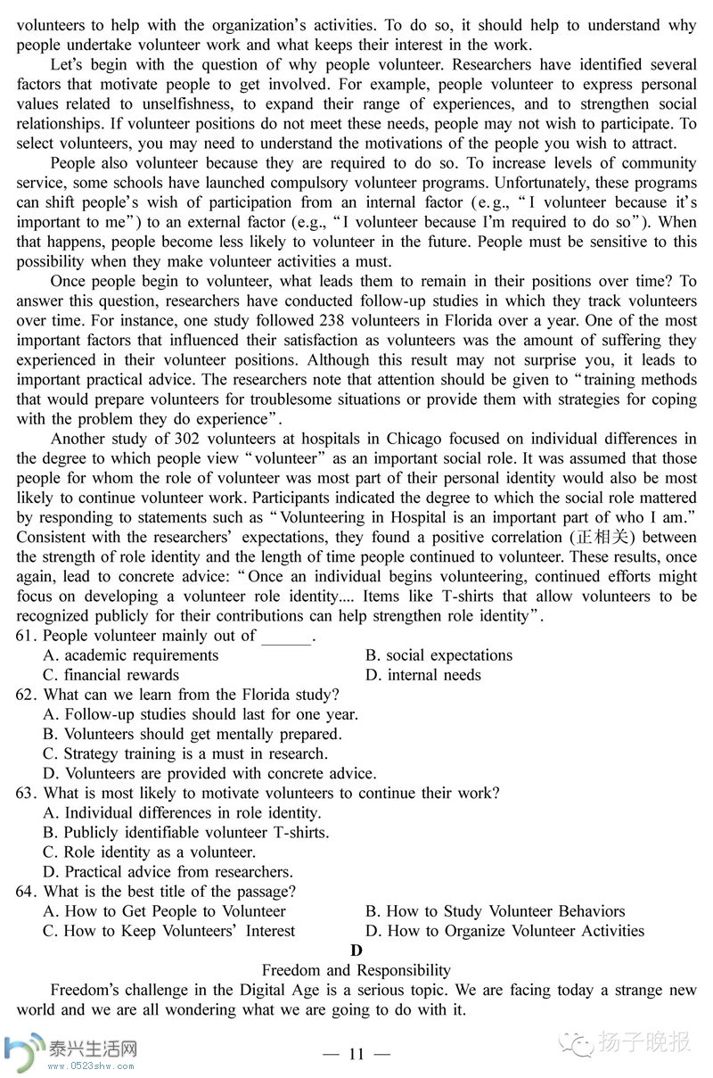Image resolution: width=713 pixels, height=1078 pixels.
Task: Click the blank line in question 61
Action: point(287,637)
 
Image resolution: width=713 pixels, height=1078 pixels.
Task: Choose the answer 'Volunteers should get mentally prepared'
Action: point(193,734)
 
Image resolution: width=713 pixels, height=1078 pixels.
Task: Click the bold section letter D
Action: point(356,950)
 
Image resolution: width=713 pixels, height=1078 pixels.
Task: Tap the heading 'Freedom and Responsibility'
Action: point(356,970)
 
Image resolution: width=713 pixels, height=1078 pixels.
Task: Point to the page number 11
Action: point(356,1054)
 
